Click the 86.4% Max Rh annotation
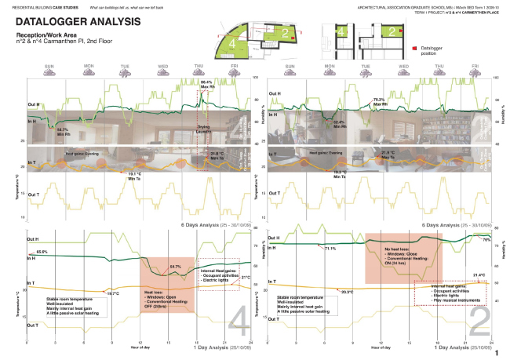click(x=206, y=83)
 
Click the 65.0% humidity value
click(x=42, y=252)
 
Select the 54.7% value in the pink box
click(x=176, y=267)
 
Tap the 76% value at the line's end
click(x=486, y=239)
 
